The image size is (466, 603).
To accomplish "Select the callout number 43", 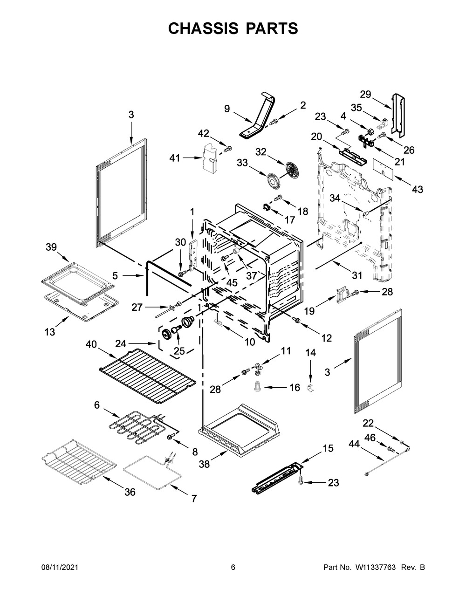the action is click(418, 189).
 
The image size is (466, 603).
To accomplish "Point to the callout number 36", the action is click(130, 492).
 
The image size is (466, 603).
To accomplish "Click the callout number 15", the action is click(328, 448).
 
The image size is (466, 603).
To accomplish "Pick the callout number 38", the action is click(205, 464).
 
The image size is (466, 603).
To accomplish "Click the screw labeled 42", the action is click(228, 149).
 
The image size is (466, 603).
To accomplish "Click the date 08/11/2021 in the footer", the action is click(60, 567).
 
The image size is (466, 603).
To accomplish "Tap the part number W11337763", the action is click(376, 567).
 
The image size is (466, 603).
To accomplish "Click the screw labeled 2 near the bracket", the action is click(274, 121).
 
